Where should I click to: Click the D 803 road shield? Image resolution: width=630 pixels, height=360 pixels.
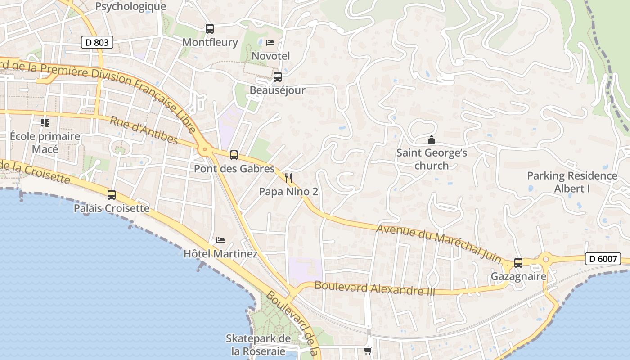click(x=97, y=43)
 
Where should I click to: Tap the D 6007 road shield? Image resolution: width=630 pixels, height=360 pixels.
click(x=603, y=259)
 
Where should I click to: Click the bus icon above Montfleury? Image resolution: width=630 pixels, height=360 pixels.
click(x=210, y=29)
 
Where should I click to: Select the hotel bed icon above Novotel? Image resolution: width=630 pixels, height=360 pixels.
click(x=270, y=43)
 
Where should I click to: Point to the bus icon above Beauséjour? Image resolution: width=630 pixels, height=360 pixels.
click(x=278, y=76)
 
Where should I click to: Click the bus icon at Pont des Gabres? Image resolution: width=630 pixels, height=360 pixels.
click(x=234, y=155)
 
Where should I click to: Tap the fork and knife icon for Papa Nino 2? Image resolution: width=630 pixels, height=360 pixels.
click(x=288, y=178)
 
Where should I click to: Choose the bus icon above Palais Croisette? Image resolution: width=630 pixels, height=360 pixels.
click(x=112, y=195)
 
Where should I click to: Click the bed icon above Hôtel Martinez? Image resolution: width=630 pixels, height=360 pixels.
click(x=220, y=240)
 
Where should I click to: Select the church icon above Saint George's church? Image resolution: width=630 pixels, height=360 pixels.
click(x=432, y=139)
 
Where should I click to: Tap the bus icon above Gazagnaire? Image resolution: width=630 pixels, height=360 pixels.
click(x=518, y=263)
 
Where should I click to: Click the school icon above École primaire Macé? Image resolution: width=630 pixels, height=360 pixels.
click(x=45, y=122)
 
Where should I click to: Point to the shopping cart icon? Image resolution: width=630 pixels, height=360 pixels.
click(x=368, y=351)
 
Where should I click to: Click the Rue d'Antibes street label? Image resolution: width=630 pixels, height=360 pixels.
click(x=144, y=130)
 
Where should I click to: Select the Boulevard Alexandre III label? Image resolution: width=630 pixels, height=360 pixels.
click(x=375, y=288)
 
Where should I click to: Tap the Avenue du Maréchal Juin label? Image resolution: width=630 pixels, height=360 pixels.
click(x=439, y=243)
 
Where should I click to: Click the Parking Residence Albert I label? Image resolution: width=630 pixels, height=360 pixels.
click(x=572, y=182)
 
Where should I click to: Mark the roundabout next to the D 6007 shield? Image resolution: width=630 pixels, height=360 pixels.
click(x=546, y=259)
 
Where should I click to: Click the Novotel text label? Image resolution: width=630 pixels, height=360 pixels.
click(x=270, y=56)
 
